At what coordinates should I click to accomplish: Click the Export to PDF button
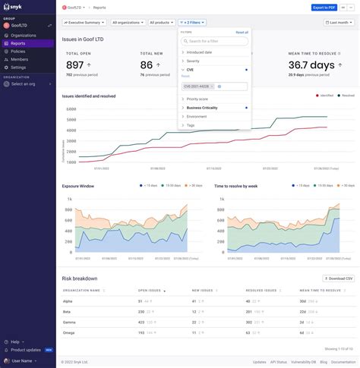[324, 8]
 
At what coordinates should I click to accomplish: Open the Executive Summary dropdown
[84, 23]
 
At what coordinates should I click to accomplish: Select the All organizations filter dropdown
[128, 23]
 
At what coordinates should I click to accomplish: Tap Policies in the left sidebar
[19, 51]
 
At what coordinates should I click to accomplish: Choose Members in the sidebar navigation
[20, 59]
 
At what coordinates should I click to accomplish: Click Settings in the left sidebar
[18, 67]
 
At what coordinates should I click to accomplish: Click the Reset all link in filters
[242, 33]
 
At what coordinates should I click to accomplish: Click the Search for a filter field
[216, 41]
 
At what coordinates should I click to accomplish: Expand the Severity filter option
[194, 61]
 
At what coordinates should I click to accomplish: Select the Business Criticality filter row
[202, 108]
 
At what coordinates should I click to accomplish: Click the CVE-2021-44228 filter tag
[198, 86]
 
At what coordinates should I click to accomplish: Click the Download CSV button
[338, 278]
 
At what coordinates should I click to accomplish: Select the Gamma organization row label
[71, 322]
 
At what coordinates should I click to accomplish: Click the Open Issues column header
[150, 290]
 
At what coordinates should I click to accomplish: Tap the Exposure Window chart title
[78, 185]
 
